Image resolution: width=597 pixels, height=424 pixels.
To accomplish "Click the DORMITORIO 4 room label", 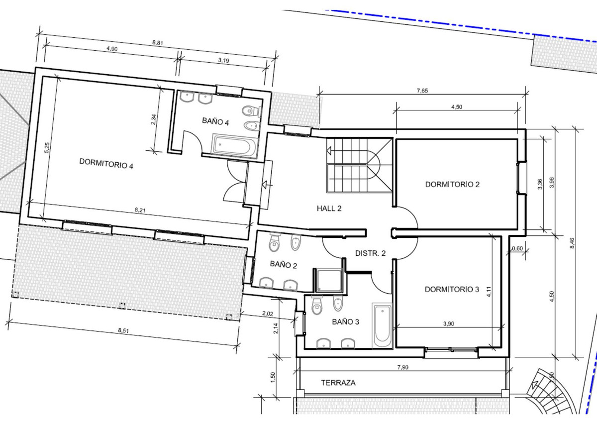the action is click(x=106, y=163).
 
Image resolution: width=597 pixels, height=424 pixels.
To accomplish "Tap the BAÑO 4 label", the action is click(x=215, y=121).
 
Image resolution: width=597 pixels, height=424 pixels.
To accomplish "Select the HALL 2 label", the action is click(x=329, y=208).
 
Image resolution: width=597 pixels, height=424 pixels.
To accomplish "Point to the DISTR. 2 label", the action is click(x=371, y=253).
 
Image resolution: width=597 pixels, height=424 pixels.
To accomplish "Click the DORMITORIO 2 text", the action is click(x=452, y=184).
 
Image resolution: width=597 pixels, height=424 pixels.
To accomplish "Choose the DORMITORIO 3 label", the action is click(x=452, y=289).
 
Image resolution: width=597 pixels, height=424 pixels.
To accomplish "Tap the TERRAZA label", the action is click(x=338, y=383).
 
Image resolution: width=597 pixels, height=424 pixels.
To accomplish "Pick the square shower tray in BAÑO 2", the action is click(x=328, y=280).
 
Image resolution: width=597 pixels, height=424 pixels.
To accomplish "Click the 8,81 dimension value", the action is click(x=158, y=43).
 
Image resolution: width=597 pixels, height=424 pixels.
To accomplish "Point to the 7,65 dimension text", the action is click(x=422, y=91).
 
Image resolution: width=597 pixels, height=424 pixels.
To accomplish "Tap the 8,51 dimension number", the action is click(x=123, y=330).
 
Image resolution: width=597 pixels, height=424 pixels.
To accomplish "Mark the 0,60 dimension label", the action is click(x=517, y=248).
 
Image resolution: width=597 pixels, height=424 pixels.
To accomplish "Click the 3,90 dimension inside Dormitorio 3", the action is click(x=449, y=324).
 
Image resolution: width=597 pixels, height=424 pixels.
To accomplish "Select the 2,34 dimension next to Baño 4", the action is click(x=153, y=119).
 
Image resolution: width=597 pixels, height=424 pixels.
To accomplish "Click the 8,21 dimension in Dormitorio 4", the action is click(x=140, y=210).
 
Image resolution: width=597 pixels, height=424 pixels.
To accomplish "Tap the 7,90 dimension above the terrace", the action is click(x=402, y=367).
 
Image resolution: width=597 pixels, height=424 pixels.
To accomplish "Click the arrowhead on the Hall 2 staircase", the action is click(x=329, y=151).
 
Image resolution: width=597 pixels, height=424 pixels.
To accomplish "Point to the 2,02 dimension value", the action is click(x=268, y=314).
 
